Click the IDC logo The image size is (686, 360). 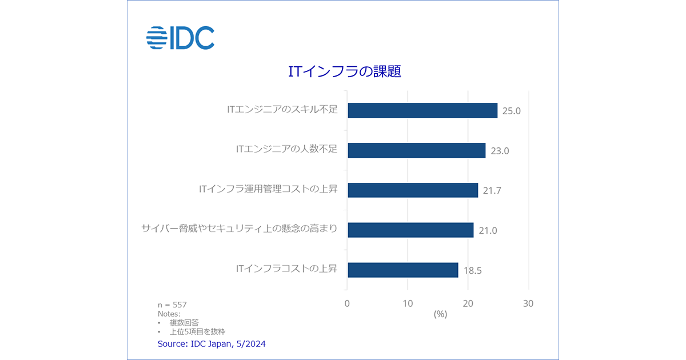[180, 38]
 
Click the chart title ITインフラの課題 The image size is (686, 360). [344, 71]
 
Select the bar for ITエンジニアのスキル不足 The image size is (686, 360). [422, 110]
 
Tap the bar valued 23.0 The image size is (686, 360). [416, 150]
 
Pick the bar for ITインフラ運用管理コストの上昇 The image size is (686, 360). [413, 190]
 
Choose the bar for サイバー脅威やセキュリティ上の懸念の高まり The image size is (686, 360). [410, 230]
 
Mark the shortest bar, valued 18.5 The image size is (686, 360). [403, 270]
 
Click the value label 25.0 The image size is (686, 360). [512, 111]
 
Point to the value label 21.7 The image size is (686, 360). [492, 191]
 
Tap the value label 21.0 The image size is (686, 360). [488, 231]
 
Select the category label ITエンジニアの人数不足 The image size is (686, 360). [286, 149]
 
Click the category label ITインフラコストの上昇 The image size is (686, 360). [286, 268]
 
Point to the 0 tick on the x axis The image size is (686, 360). [347, 303]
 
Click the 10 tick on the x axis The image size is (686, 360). [408, 303]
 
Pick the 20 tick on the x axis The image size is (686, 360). [468, 303]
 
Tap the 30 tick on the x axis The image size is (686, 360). [528, 303]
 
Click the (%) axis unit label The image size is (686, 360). [440, 314]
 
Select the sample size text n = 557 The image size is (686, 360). [172, 305]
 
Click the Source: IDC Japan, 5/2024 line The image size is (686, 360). [212, 344]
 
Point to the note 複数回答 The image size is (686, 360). [184, 323]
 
